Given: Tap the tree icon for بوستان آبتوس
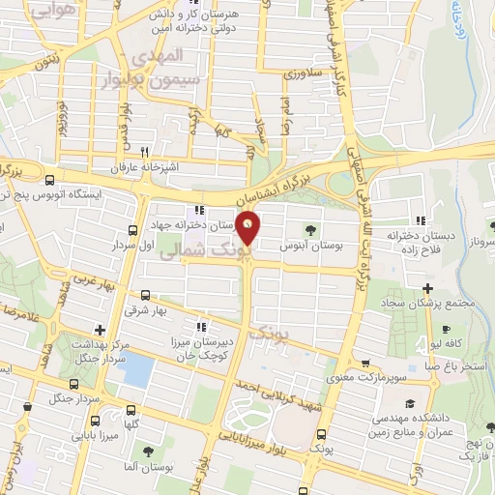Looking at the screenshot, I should coord(310,230).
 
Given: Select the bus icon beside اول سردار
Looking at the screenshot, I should coord(131,230).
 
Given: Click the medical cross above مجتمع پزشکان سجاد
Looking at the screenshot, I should coord(428,288).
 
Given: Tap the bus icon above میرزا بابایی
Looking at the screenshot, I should coord(96,420).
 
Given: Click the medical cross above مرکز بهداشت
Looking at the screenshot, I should coord(100,330).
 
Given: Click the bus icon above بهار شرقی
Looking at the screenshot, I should coord(145,295).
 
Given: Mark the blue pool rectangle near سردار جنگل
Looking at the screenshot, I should coord(139,369).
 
